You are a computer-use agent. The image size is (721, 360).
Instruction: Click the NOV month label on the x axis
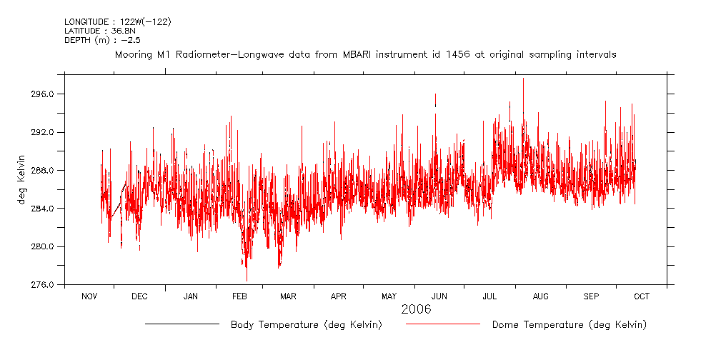(x=89, y=296)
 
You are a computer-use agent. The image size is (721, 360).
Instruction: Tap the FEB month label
(x=239, y=296)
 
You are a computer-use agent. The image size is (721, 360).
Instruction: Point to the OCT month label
(x=642, y=296)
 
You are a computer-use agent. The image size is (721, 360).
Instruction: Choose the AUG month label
(x=541, y=296)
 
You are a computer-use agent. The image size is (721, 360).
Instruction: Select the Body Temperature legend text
(x=306, y=325)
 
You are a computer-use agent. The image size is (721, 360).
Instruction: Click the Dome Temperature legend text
(x=569, y=325)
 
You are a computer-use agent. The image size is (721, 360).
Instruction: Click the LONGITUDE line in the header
(x=117, y=22)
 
